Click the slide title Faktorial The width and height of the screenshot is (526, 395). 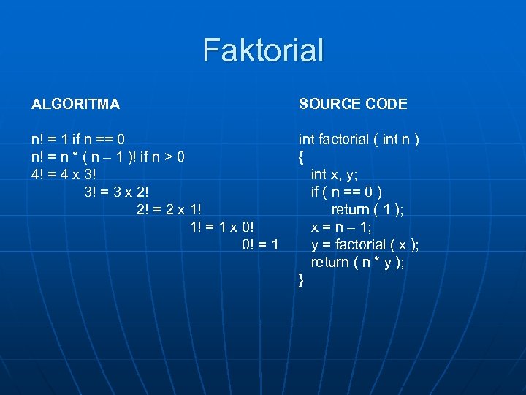[x=263, y=50]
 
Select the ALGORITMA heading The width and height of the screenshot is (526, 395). [x=75, y=104]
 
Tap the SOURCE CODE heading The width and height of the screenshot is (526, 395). [x=353, y=104]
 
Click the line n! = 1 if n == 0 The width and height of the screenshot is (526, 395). [x=78, y=139]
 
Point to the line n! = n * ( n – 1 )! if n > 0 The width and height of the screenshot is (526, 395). [x=108, y=157]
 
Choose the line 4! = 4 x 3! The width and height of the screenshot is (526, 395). [x=64, y=174]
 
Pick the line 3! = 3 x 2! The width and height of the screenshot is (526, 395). [x=117, y=192]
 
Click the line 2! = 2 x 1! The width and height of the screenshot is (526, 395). [x=169, y=209]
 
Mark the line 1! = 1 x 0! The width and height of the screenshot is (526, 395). [x=221, y=227]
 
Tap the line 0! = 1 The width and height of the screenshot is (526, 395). [x=259, y=244]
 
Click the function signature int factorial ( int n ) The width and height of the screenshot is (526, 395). [x=358, y=139]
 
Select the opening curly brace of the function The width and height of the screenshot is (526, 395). [x=301, y=157]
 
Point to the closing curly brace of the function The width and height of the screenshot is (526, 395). [x=301, y=280]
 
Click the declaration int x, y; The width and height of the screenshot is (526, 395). [x=334, y=174]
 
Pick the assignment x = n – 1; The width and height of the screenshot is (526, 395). [x=341, y=227]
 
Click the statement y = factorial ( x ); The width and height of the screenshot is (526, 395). [x=365, y=244]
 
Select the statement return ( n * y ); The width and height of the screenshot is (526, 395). [x=357, y=262]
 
